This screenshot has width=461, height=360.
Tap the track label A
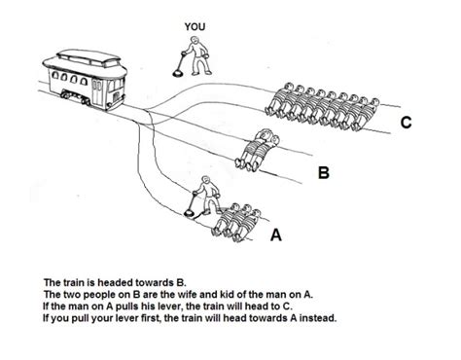pos(276,234)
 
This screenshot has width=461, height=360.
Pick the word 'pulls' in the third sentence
pos(120,303)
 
